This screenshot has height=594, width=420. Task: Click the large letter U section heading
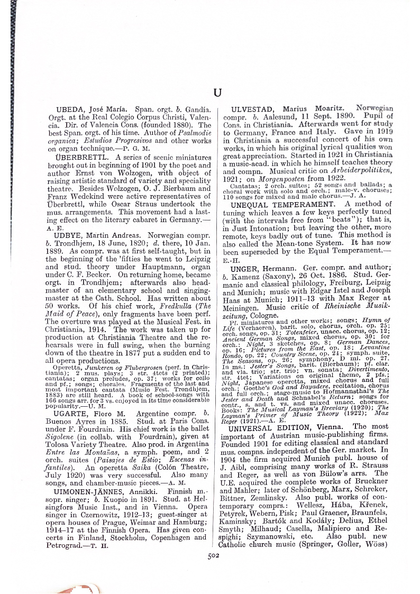pyautogui.click(x=217, y=93)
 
